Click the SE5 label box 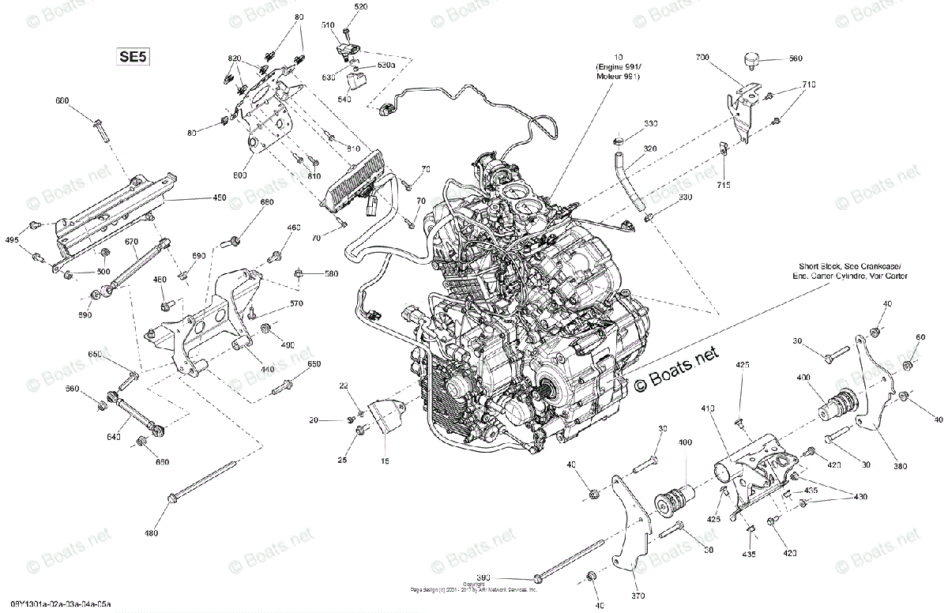133,56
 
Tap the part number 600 62,100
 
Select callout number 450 218,197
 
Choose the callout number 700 702,58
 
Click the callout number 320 649,148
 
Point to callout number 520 361,7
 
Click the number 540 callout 344,101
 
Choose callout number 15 386,461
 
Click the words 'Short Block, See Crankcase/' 852,266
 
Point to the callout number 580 331,274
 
